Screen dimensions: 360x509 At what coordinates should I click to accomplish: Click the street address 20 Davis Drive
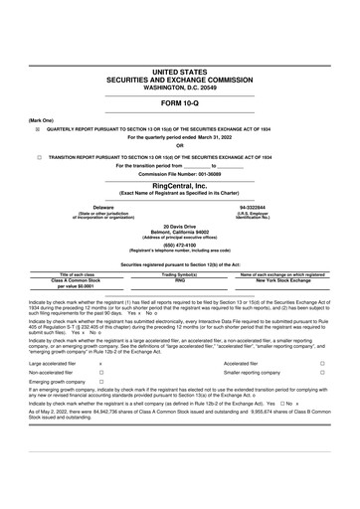click(x=180, y=227)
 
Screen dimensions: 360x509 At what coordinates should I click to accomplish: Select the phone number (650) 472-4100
click(x=180, y=246)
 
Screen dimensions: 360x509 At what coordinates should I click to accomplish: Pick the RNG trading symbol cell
click(x=180, y=281)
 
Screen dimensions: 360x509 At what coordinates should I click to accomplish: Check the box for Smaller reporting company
click(x=322, y=373)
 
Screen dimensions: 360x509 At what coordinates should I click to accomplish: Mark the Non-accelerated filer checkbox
click(x=101, y=373)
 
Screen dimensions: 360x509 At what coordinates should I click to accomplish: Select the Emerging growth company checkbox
click(x=101, y=382)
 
